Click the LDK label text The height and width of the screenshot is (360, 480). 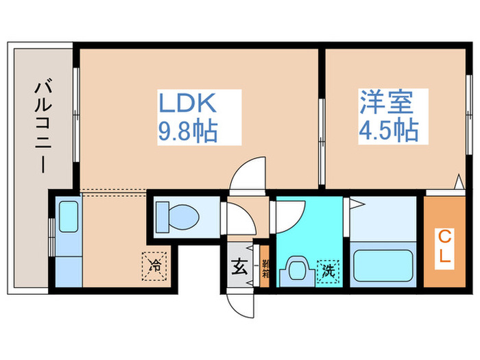pyautogui.click(x=188, y=104)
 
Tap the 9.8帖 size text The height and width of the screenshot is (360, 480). pyautogui.click(x=188, y=130)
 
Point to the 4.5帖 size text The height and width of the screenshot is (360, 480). pyautogui.click(x=388, y=130)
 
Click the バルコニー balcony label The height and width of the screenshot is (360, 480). pyautogui.click(x=43, y=127)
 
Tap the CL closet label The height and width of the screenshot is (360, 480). pyautogui.click(x=444, y=248)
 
